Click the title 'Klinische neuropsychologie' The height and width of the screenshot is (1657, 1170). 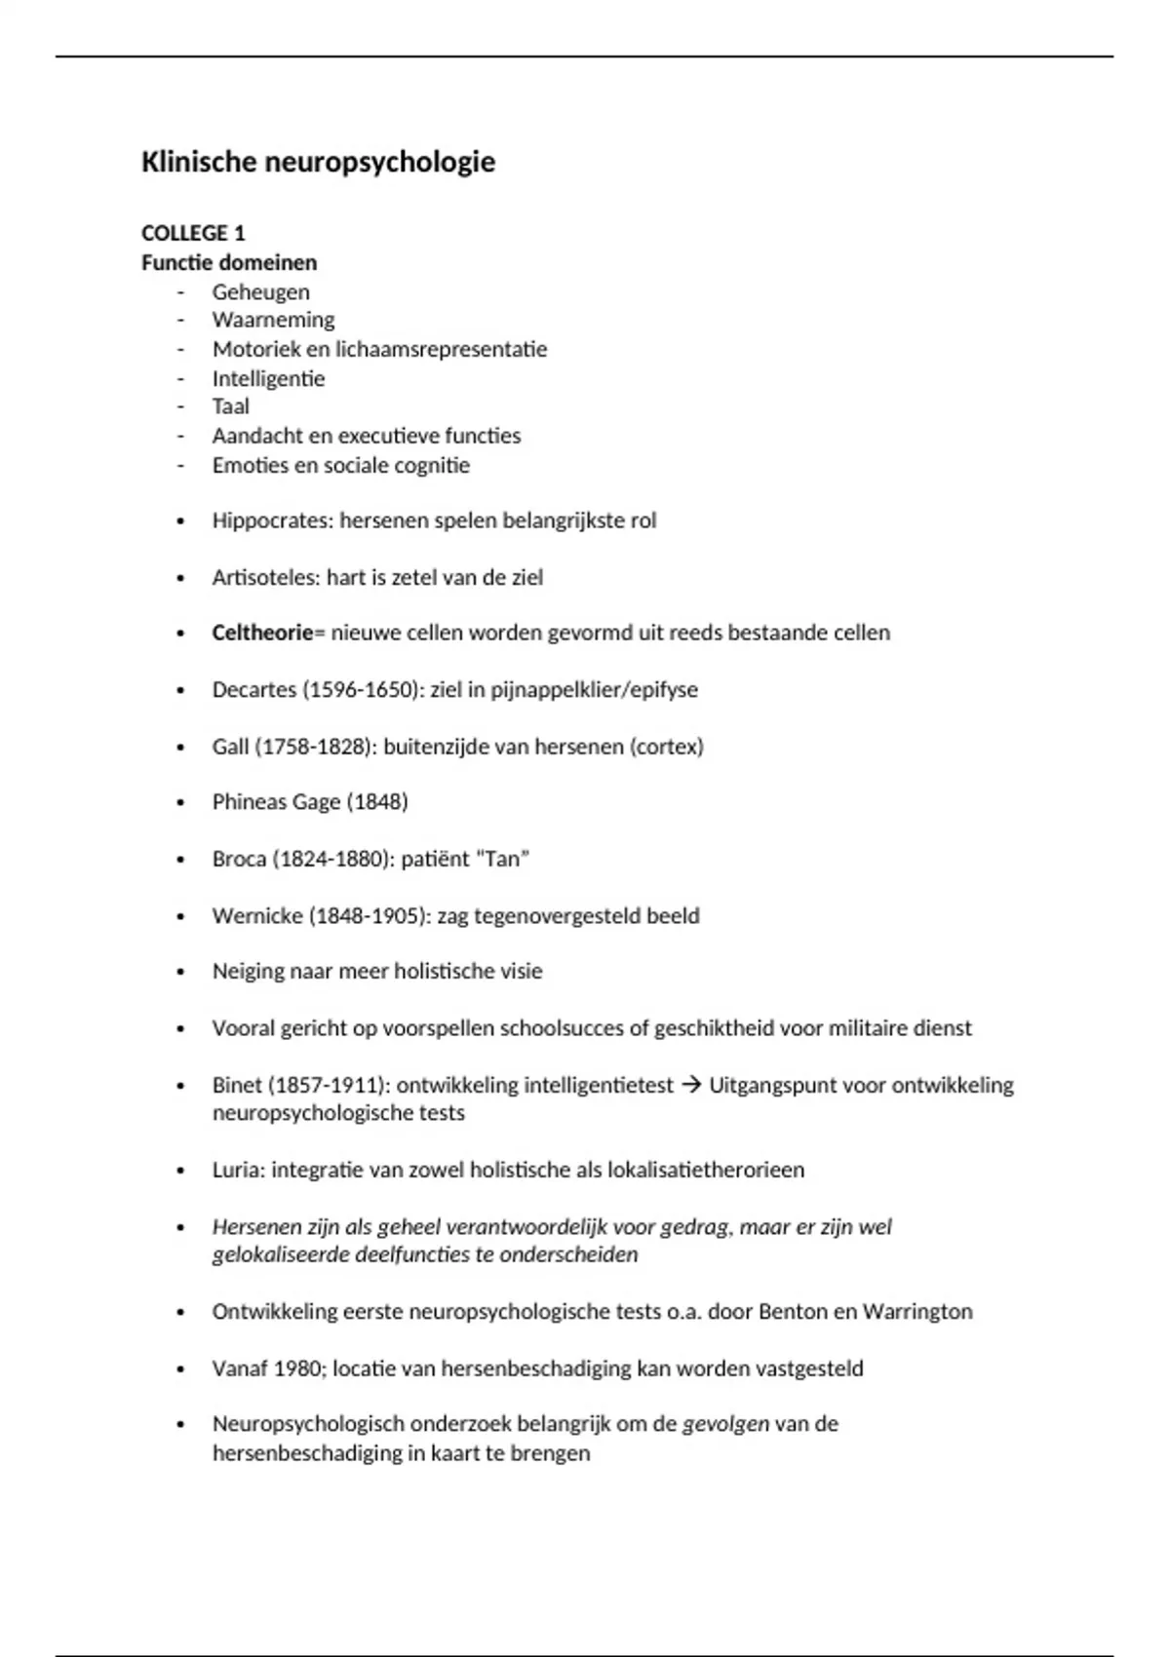coord(318,162)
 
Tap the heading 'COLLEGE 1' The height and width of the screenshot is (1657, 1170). coord(193,233)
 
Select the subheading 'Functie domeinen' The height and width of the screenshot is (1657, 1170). coord(229,262)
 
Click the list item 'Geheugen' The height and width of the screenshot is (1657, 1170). coord(260,291)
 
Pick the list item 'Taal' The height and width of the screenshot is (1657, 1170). coord(230,406)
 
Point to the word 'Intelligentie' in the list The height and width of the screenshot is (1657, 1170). coord(268,378)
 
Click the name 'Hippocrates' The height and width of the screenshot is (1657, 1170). coord(272,520)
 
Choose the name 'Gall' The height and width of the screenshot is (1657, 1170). coord(230,747)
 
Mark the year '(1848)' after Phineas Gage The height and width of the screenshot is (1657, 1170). coord(376,802)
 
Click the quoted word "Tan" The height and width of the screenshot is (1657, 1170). coord(501,860)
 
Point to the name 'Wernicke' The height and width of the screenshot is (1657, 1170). coord(256,916)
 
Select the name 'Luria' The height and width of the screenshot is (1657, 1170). coord(236,1170)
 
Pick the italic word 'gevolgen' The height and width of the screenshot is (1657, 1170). coord(725,1424)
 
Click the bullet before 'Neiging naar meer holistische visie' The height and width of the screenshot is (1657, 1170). coord(180,972)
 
